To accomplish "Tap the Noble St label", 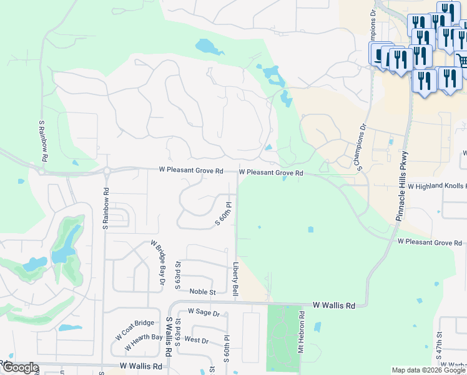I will [202, 292].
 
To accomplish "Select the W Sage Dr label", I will [204, 312].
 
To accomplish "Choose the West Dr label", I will [197, 341].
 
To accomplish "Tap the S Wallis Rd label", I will [169, 336].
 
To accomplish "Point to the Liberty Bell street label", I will [237, 279].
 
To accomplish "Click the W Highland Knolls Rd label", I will [436, 186].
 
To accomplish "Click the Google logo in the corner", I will [20, 367].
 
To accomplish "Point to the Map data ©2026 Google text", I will [428, 370].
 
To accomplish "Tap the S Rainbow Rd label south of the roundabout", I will [106, 209].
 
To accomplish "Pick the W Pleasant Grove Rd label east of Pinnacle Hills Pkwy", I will [430, 242].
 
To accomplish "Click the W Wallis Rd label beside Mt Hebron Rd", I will [334, 305].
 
